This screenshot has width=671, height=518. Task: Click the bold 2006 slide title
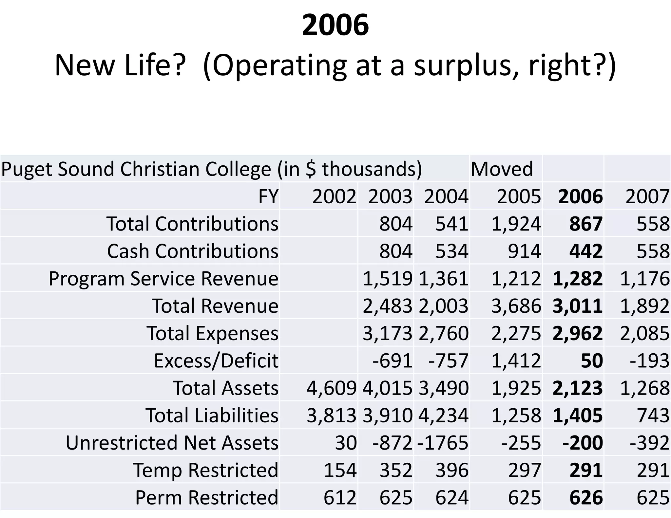tap(335, 26)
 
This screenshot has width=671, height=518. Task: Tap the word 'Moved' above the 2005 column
tap(502, 169)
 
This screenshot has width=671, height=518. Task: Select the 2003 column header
tap(390, 196)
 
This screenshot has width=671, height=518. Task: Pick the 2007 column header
tap(647, 196)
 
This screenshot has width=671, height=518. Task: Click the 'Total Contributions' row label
tap(192, 224)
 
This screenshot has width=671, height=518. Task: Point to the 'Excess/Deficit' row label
tap(216, 361)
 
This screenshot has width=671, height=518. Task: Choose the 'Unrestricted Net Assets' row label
tap(172, 443)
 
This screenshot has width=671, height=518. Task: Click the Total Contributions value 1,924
tap(516, 224)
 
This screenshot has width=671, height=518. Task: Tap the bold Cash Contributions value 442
tap(586, 251)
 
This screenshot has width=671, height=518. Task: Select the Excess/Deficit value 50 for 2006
tap(592, 361)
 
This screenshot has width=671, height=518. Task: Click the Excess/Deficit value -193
tap(649, 361)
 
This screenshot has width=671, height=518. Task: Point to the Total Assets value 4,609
tap(331, 388)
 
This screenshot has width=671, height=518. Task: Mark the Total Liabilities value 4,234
tap(443, 415)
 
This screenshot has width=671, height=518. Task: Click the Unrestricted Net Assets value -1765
tap(443, 443)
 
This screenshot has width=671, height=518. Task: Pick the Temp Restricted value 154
tap(340, 470)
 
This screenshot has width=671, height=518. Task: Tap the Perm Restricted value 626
tap(586, 497)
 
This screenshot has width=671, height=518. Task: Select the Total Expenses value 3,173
tap(387, 333)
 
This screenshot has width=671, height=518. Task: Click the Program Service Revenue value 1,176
tap(644, 279)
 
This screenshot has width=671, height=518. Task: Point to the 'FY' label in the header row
tap(268, 196)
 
